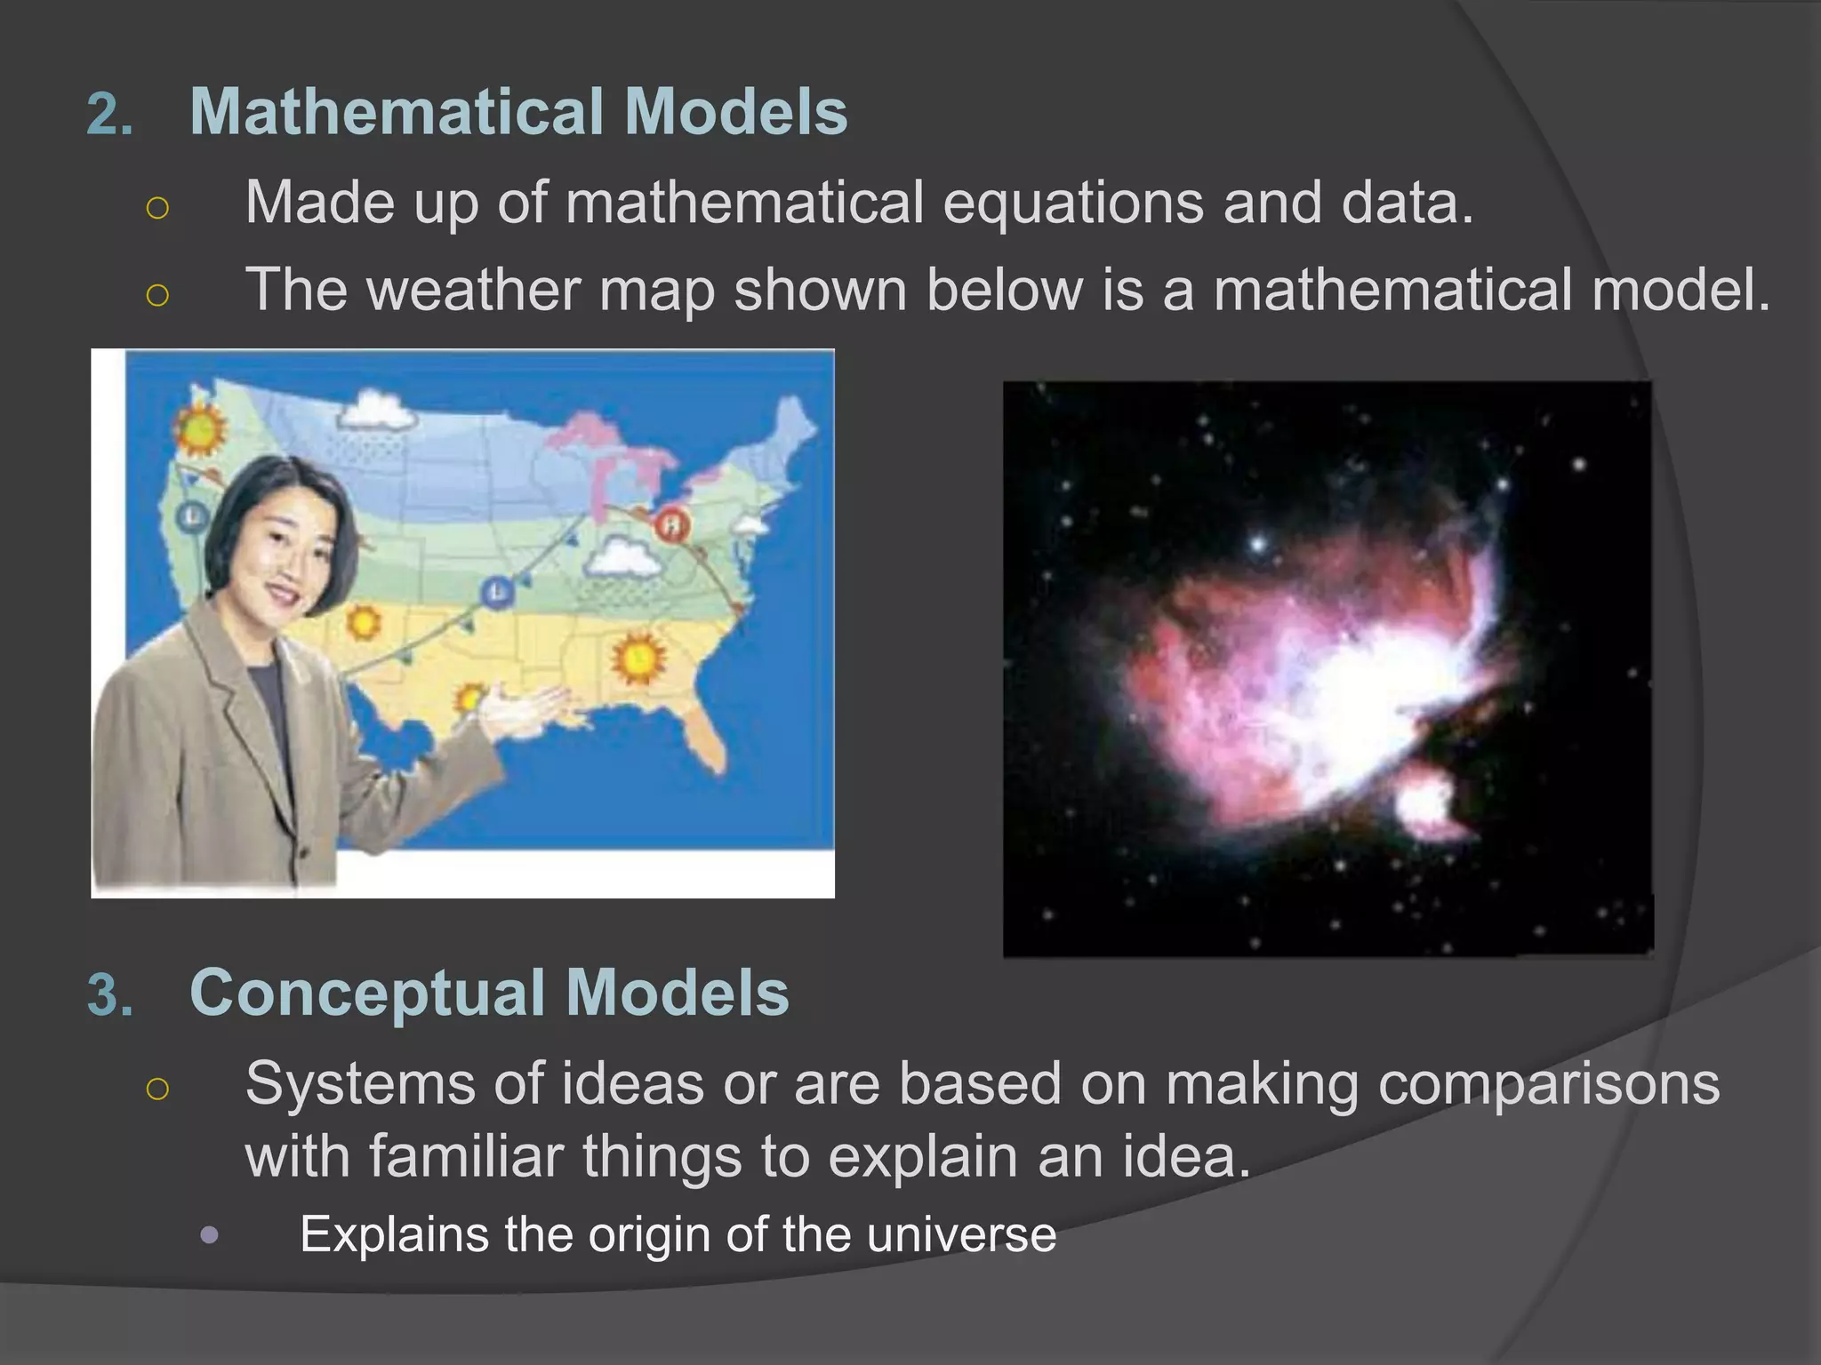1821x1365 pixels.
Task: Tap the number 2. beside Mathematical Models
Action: (109, 116)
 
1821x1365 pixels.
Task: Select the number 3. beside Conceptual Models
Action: (109, 995)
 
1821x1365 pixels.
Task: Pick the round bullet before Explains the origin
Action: (210, 1235)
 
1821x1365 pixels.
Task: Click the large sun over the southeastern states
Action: (638, 658)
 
